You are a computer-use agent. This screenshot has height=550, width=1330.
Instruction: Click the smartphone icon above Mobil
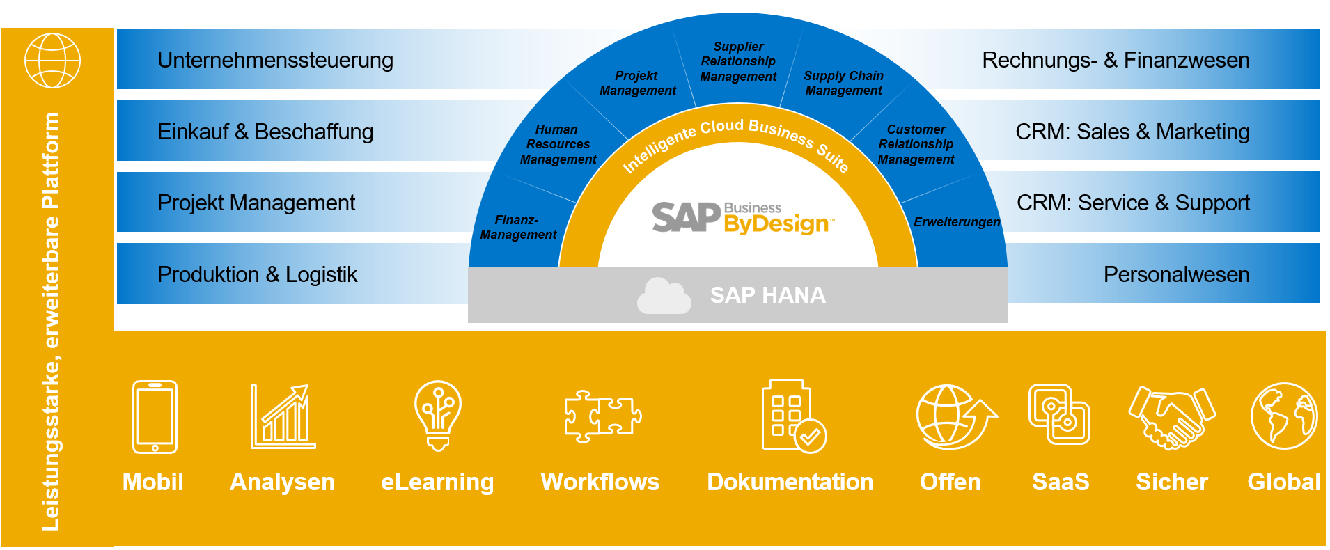(x=155, y=416)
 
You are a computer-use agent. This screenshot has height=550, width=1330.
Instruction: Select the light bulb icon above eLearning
(x=437, y=415)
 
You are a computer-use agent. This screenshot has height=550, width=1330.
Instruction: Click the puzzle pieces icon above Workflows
(x=602, y=416)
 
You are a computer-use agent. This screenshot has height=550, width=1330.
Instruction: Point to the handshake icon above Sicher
(x=1172, y=416)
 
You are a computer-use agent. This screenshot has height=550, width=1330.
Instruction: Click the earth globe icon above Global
(x=1283, y=416)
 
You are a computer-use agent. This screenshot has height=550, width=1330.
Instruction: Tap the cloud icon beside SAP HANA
(x=664, y=296)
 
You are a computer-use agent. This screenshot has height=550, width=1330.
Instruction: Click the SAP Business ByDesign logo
(x=742, y=217)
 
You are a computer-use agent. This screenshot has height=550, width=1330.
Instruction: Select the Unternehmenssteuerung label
(x=275, y=61)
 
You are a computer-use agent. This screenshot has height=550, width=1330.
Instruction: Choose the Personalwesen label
(x=1176, y=274)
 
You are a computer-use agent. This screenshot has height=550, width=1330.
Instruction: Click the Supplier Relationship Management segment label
(x=738, y=62)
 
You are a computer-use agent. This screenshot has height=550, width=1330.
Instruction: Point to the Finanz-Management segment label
(x=518, y=228)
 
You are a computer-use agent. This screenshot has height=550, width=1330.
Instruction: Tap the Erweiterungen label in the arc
(x=957, y=222)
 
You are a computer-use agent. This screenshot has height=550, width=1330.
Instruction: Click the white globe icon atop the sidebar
(x=52, y=61)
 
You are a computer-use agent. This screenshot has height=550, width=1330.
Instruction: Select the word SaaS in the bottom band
(x=1060, y=482)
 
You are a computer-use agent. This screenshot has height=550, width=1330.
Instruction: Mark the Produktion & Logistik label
(x=257, y=274)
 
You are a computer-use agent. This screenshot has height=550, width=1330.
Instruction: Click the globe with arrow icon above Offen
(x=954, y=416)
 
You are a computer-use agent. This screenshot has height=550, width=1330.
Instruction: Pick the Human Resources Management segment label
(x=558, y=144)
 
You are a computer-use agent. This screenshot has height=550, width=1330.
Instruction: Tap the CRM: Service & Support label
(x=1133, y=203)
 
